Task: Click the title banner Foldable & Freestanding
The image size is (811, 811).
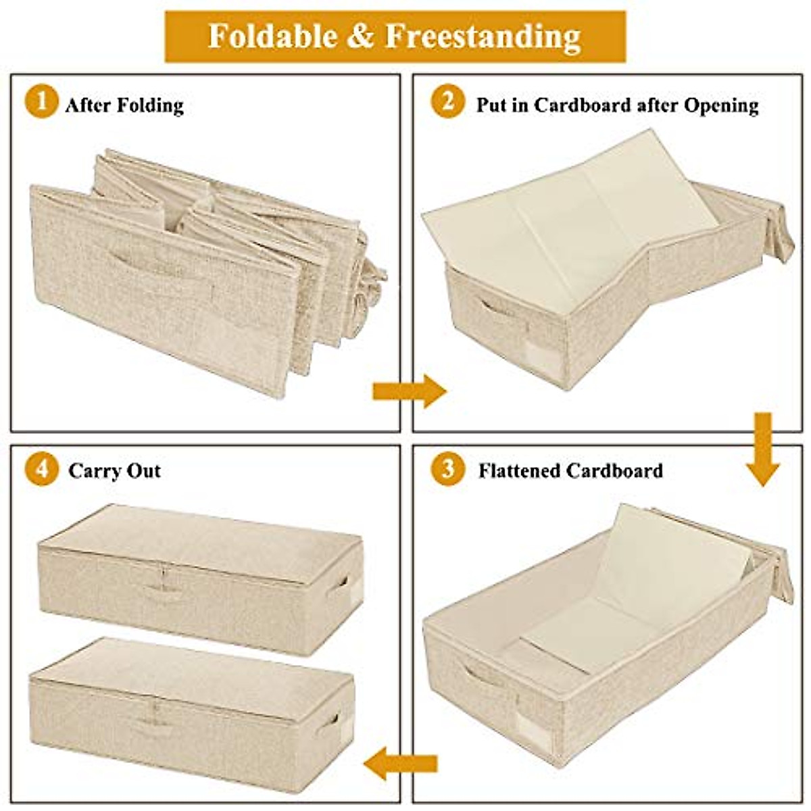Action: tap(395, 36)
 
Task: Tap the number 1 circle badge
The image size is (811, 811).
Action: tap(41, 103)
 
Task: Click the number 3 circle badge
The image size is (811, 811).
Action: tap(447, 468)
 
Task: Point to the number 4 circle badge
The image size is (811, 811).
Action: tap(41, 468)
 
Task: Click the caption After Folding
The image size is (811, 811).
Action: tap(124, 105)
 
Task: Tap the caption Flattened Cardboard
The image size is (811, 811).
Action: tap(570, 470)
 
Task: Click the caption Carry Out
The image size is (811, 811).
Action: tap(114, 470)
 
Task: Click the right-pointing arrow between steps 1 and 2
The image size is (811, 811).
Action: tap(409, 391)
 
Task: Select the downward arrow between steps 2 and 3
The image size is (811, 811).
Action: tap(762, 449)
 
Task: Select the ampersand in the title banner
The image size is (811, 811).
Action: tap(360, 36)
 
